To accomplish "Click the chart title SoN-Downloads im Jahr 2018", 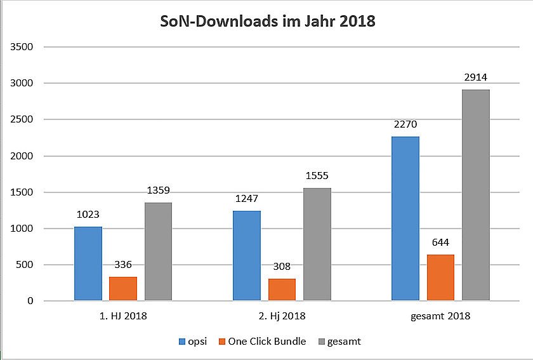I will pyautogui.click(x=266, y=22).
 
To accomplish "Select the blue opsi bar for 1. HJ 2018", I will pyautogui.click(x=88, y=263).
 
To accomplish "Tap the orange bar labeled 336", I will pyautogui.click(x=122, y=288).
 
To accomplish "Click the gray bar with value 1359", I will pyautogui.click(x=158, y=251).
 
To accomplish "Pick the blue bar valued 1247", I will pyautogui.click(x=246, y=255).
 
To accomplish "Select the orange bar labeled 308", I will pyautogui.click(x=281, y=290).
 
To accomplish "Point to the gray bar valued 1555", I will pyautogui.click(x=317, y=244).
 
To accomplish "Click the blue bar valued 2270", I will pyautogui.click(x=405, y=218).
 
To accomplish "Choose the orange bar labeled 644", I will pyautogui.click(x=440, y=277).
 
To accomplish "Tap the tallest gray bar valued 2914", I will pyautogui.click(x=475, y=195).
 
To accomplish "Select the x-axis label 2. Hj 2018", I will pyautogui.click(x=281, y=316).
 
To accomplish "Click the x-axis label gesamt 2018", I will pyautogui.click(x=440, y=316).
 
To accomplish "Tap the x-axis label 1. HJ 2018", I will pyautogui.click(x=122, y=316).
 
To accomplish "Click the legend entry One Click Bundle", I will pyautogui.click(x=261, y=342).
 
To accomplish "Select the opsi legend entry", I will pyautogui.click(x=190, y=342).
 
